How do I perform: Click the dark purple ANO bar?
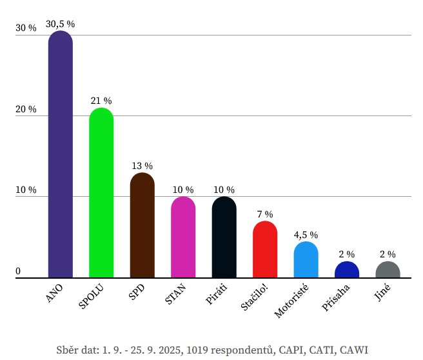[61, 155]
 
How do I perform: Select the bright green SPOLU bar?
[101, 194]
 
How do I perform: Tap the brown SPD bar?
[142, 226]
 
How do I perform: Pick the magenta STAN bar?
[183, 237]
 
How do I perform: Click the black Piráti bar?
[224, 237]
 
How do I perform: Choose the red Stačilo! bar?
[265, 250]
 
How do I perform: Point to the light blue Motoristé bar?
[306, 260]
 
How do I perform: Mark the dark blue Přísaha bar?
[347, 270]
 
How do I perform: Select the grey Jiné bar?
[388, 270]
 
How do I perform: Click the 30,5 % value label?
[60, 24]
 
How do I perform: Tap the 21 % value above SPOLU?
[101, 101]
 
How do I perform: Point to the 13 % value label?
[142, 166]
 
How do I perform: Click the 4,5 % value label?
[306, 235]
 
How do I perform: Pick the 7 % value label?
[265, 214]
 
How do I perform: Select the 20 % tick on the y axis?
[26, 110]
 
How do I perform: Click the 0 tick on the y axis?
[18, 271]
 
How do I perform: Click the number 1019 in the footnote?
[195, 350]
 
